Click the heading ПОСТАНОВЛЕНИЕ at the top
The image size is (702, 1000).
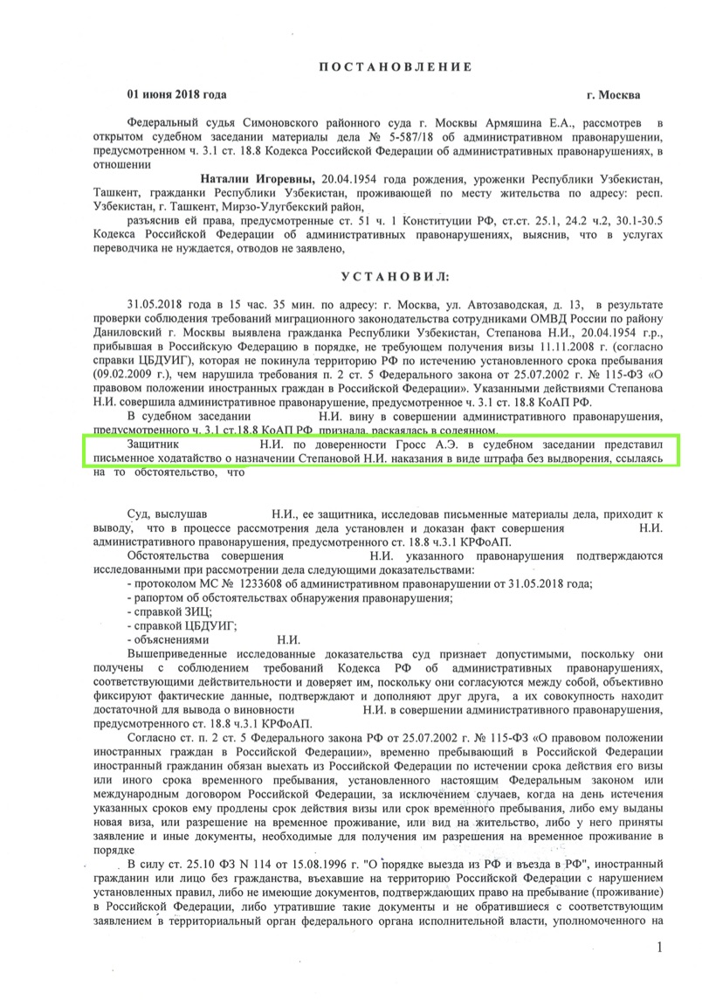(394, 67)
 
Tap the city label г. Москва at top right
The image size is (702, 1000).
(613, 95)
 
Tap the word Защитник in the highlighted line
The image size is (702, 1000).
(155, 445)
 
